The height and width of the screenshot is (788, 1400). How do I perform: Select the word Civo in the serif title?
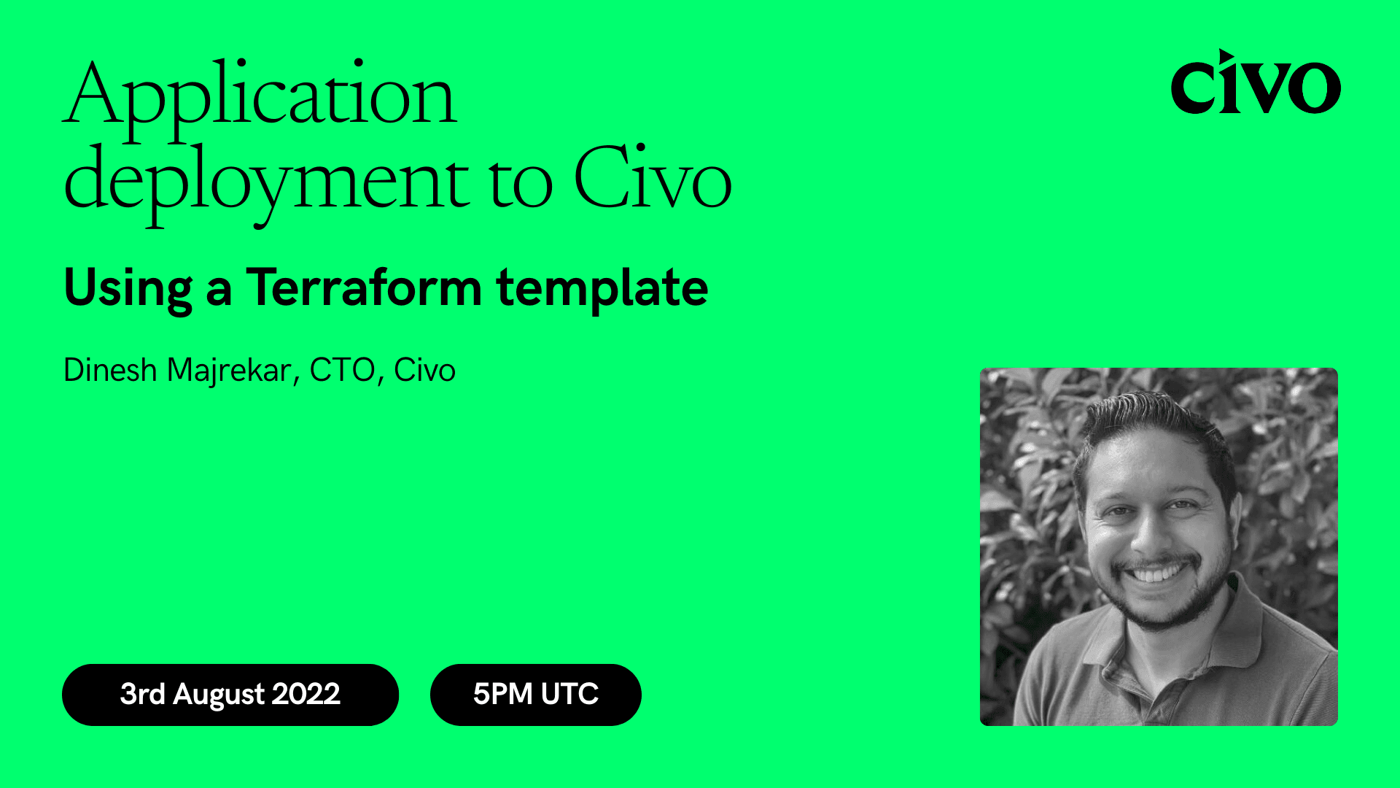(x=653, y=179)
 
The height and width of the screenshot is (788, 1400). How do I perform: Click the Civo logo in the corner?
(x=1255, y=82)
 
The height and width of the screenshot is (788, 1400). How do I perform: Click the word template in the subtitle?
(x=602, y=289)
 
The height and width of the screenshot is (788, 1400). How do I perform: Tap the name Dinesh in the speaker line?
(x=110, y=370)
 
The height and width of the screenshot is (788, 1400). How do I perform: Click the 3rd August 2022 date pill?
(x=230, y=694)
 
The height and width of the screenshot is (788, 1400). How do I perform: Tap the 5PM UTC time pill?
(x=535, y=694)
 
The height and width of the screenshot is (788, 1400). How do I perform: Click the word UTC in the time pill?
(x=569, y=694)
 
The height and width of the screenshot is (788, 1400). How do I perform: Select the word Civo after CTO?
(x=424, y=370)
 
